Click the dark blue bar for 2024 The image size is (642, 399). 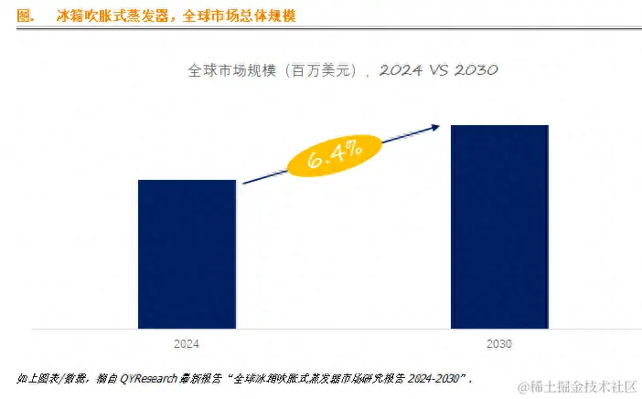click(187, 254)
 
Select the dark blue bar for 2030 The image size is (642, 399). click(498, 226)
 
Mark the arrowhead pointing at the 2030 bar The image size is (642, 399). click(440, 129)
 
